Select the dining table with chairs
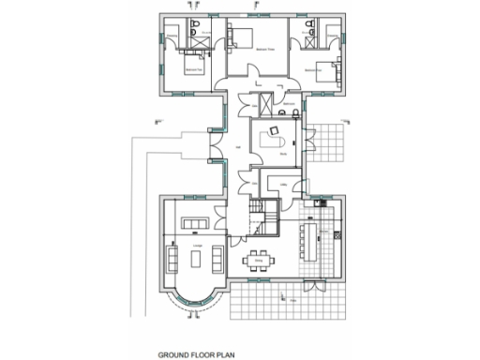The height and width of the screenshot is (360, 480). click(x=258, y=260)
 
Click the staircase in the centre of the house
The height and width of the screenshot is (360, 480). click(x=260, y=219)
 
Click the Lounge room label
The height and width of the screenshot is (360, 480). click(x=198, y=245)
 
